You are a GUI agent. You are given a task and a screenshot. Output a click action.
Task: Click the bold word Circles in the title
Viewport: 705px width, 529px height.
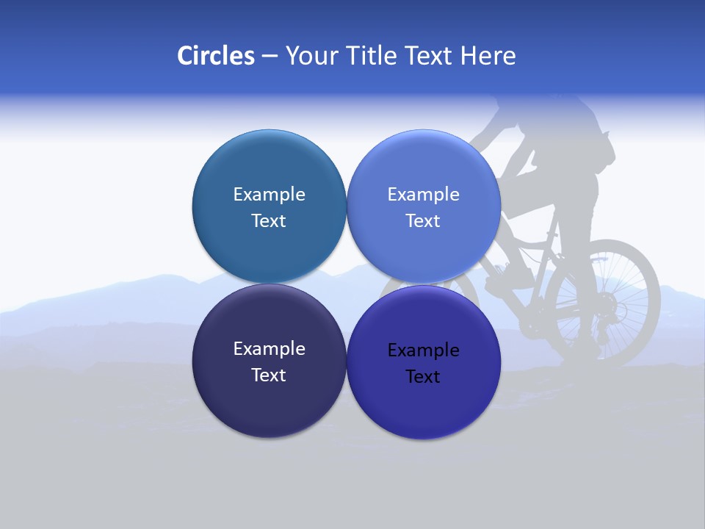[x=215, y=56]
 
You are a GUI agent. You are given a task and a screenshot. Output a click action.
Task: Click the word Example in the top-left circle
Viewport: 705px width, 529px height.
[x=269, y=194]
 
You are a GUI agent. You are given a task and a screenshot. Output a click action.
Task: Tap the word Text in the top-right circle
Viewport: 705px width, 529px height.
[x=423, y=220]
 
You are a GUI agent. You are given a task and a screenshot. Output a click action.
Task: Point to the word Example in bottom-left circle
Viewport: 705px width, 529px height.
[x=269, y=348]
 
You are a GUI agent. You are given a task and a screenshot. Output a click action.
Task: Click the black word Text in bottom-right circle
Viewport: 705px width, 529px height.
[x=423, y=376]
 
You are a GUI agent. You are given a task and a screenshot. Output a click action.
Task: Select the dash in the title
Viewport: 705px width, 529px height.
[x=270, y=56]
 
